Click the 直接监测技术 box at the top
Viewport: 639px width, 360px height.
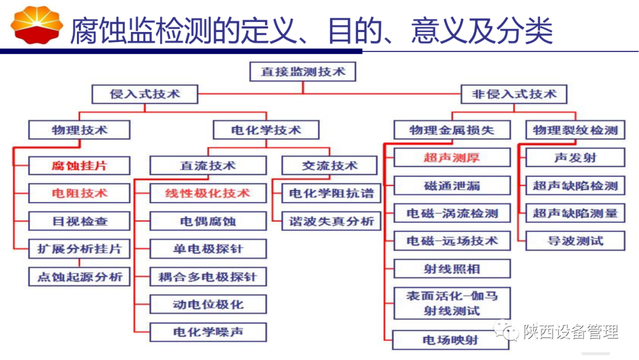302,72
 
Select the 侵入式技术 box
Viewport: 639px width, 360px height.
145,94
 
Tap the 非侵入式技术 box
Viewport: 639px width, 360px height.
514,94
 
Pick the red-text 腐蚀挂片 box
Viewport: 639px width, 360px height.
79,165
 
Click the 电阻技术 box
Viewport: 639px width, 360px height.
79,193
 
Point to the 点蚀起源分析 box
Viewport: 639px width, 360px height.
79,277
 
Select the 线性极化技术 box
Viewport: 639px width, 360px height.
208,193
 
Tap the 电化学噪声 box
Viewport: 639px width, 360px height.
208,332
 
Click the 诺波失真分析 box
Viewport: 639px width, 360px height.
331,221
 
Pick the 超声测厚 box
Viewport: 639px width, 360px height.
451,157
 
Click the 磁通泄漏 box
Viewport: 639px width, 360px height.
451,186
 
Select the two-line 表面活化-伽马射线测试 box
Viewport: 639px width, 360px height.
451,303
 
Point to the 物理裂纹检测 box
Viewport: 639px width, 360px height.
575,130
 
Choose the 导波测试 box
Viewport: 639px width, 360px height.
575,241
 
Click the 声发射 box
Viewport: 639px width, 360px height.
575,157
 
